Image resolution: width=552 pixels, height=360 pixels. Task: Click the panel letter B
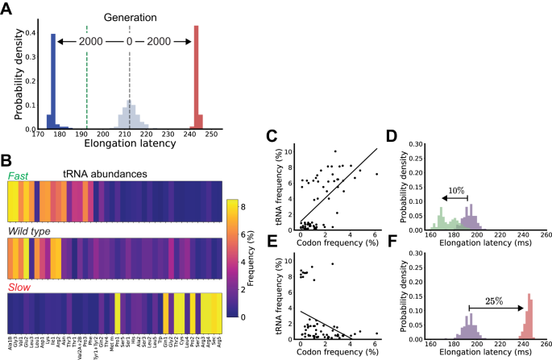7,161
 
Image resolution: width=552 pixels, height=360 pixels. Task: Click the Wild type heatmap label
31,230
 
